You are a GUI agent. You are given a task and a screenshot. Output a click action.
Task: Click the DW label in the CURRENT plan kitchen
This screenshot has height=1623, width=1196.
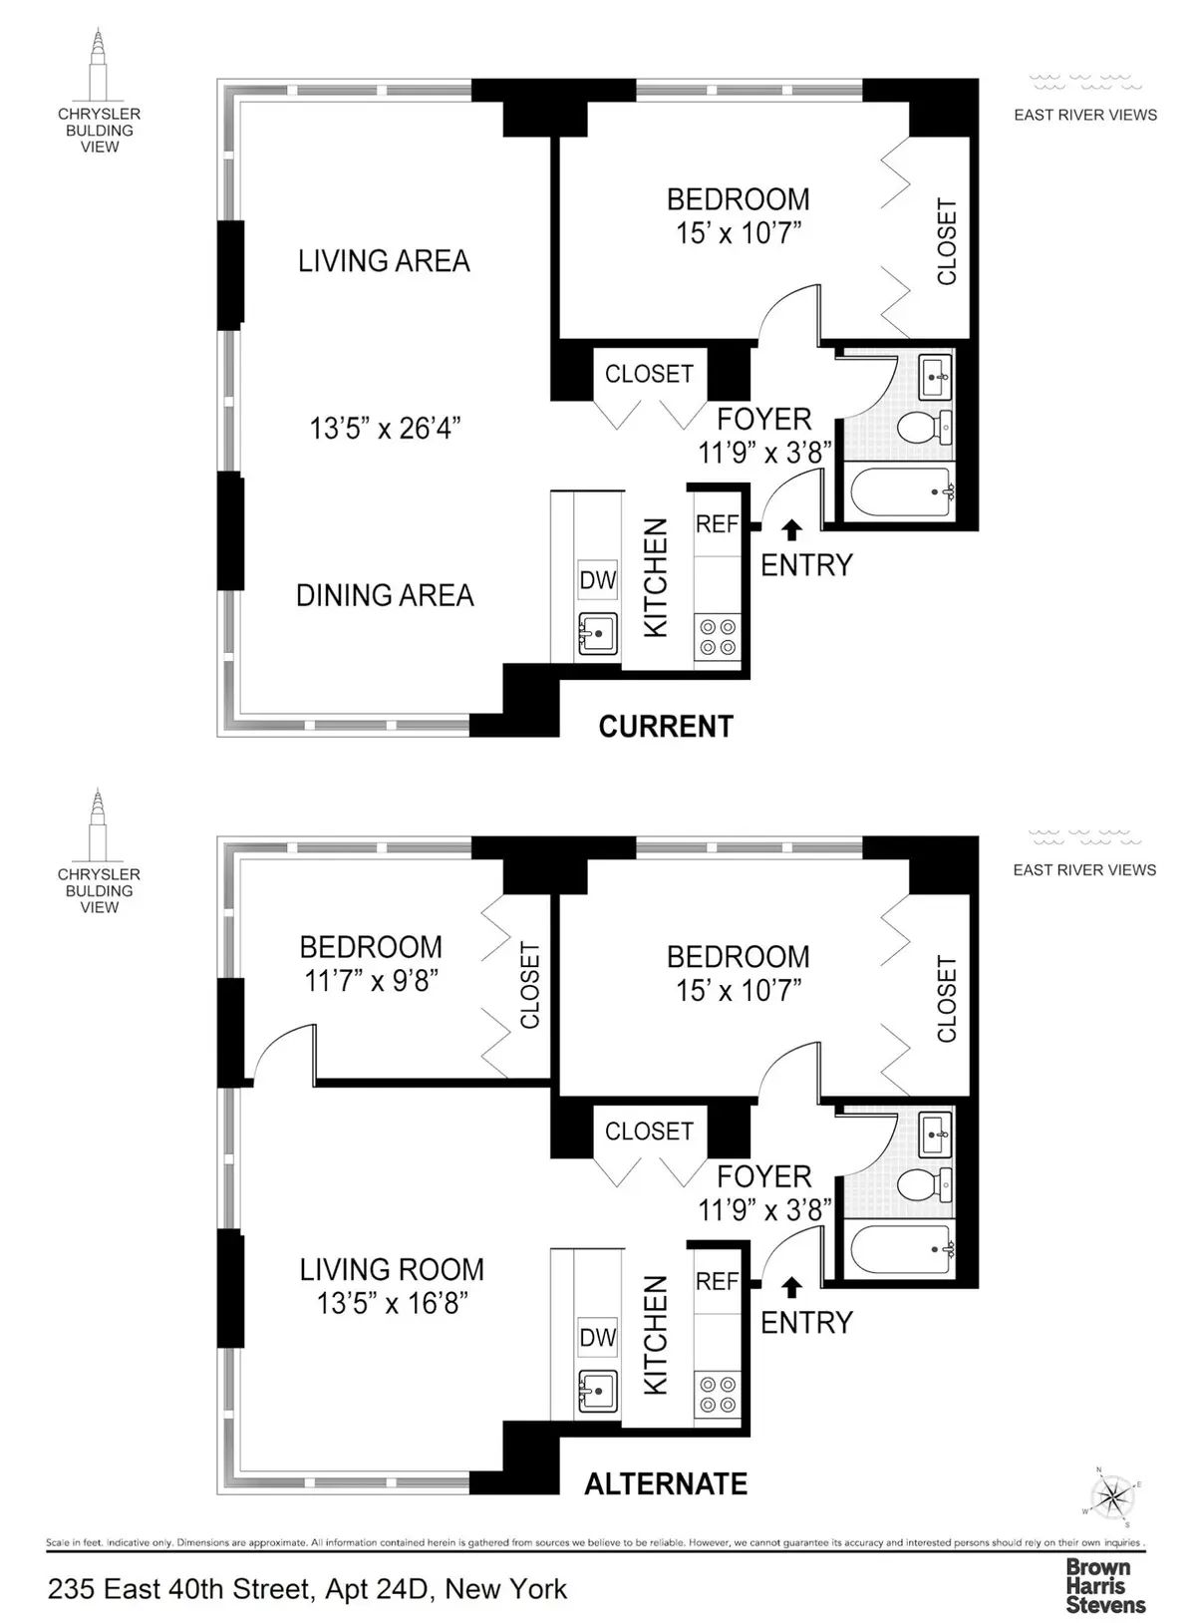click(598, 580)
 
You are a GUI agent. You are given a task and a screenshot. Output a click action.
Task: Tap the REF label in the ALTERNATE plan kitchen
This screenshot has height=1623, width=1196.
click(718, 1281)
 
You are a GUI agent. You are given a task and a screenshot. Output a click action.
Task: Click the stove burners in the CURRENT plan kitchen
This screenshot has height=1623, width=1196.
click(718, 638)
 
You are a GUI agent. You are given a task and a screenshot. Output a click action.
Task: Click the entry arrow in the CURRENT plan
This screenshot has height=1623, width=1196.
click(791, 529)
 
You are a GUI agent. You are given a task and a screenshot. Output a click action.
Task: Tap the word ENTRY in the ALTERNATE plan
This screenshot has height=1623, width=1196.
click(806, 1323)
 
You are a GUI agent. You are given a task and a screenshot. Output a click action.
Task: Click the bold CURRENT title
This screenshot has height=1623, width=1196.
click(666, 727)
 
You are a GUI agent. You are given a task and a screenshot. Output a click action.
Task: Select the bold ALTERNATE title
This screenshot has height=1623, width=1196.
click(666, 1484)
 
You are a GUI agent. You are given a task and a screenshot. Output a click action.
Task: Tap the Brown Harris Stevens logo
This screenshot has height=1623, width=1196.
click(1105, 1585)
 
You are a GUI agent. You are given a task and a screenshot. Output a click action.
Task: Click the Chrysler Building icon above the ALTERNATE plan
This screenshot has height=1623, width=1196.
click(98, 825)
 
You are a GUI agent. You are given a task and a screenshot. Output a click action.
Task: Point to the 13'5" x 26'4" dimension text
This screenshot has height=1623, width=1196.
click(385, 430)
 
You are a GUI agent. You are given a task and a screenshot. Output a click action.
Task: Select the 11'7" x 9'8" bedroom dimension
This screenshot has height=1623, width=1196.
click(371, 981)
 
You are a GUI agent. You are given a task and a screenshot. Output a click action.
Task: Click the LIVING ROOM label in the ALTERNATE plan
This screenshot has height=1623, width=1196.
click(392, 1270)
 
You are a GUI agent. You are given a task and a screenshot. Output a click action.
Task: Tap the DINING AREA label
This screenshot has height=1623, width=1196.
click(385, 596)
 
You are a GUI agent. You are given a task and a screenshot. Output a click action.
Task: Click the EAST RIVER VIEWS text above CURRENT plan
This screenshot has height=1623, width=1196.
click(1085, 115)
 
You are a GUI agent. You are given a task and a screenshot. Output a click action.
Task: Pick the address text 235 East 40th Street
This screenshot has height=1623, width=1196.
click(307, 1589)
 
